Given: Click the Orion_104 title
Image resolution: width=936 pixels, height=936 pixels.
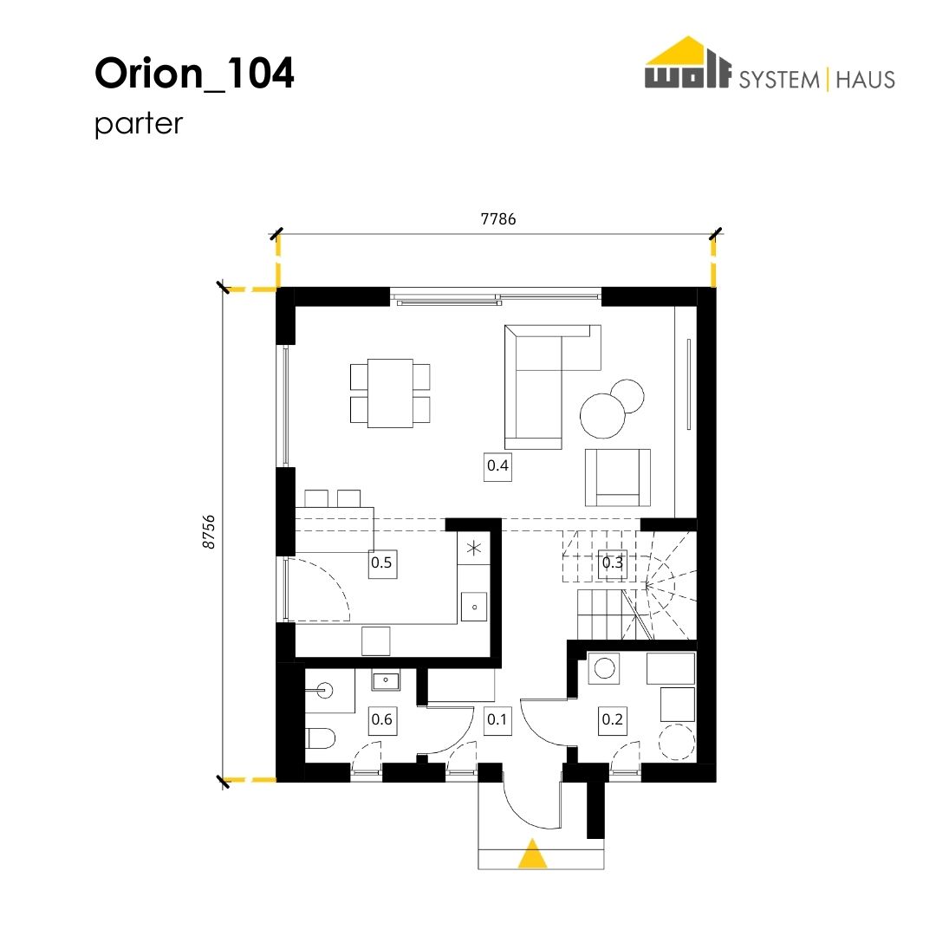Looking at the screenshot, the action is click(x=195, y=74).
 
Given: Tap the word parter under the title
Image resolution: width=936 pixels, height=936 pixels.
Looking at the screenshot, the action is click(x=139, y=124).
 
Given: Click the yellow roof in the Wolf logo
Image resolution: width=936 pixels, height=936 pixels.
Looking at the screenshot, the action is click(x=687, y=52).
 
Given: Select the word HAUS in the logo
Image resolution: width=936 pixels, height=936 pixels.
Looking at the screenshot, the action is click(x=865, y=80).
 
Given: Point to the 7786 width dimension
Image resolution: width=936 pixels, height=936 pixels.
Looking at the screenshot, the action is click(x=497, y=219).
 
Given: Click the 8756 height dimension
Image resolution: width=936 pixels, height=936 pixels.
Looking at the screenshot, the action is click(x=208, y=532).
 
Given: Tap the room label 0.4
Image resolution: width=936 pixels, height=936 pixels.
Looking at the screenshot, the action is click(x=497, y=465).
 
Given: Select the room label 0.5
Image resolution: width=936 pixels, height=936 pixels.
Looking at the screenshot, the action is click(x=381, y=563).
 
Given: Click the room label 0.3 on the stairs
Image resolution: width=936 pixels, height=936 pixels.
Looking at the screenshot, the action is click(x=613, y=563).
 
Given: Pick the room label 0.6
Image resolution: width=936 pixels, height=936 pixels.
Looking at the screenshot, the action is click(x=381, y=719).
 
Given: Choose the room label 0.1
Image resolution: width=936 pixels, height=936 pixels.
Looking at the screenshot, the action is click(x=497, y=719).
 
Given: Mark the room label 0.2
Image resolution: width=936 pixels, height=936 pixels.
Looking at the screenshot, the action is click(x=613, y=719).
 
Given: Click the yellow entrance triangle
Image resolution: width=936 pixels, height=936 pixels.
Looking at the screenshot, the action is click(x=532, y=854).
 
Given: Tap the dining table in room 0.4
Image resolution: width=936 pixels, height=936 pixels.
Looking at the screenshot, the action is click(x=390, y=393).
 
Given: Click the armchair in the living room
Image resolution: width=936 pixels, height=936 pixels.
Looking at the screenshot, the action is click(x=618, y=478).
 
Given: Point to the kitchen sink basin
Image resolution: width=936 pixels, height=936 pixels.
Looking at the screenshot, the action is click(x=475, y=607).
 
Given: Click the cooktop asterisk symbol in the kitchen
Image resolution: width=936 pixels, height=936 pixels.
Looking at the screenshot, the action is click(x=474, y=548).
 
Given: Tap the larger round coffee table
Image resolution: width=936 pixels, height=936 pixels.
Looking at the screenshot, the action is click(x=603, y=415).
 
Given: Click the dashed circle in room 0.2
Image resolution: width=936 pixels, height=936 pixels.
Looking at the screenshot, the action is click(x=677, y=741).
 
